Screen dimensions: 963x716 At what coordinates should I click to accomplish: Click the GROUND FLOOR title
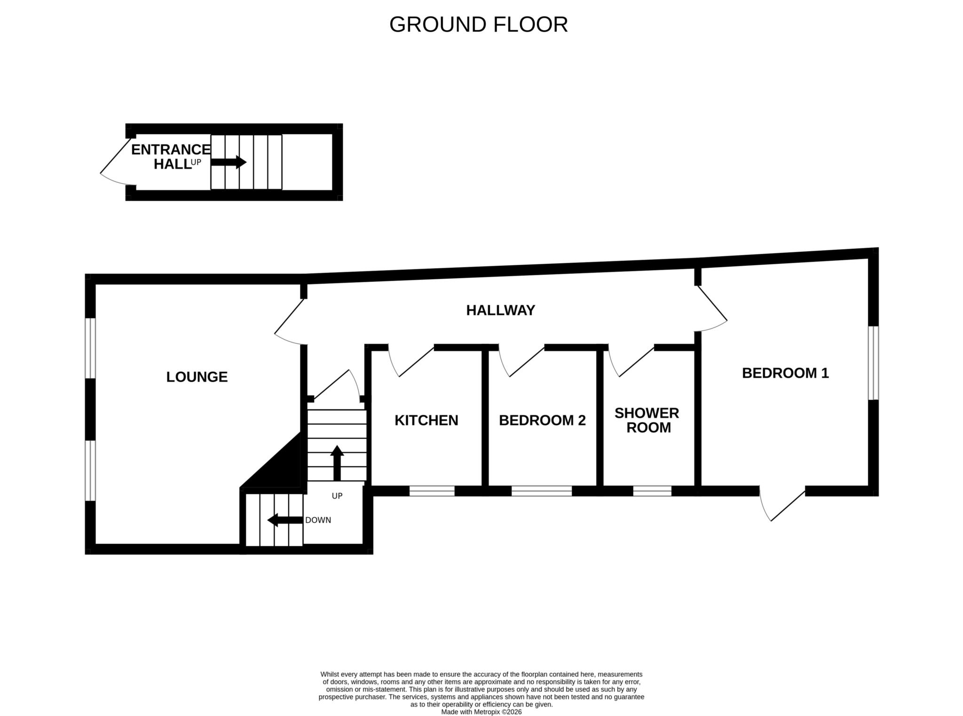coord(478,24)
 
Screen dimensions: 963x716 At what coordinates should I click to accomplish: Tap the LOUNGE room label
coord(197,377)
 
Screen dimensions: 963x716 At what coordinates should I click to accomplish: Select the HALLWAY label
coord(501,310)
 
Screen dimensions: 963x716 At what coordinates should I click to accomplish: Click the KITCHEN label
coord(426,420)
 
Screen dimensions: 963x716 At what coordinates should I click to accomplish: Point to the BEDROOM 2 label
coord(542,420)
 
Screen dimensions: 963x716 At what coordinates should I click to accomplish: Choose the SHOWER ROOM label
coord(647,420)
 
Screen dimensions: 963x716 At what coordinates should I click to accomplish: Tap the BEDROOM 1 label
coord(785,373)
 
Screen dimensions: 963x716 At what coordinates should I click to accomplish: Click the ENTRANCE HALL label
coord(171,157)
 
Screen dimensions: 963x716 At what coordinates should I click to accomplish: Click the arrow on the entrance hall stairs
coord(229,162)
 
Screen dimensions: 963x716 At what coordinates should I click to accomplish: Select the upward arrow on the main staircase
coord(337,463)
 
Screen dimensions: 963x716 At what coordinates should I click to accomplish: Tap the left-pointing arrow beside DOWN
coord(285,520)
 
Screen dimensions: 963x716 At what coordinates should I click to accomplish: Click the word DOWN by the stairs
coord(318,520)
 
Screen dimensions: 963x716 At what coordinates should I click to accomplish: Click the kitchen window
coord(432,491)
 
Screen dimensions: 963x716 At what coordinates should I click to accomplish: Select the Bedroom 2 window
coord(542,491)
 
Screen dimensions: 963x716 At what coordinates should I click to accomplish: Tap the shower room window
coord(652,491)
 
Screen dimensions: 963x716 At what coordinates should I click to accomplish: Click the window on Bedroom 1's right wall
coord(873,363)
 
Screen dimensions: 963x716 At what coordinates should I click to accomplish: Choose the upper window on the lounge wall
coord(90,349)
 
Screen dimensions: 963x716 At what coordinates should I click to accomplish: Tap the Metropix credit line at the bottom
coord(481,712)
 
